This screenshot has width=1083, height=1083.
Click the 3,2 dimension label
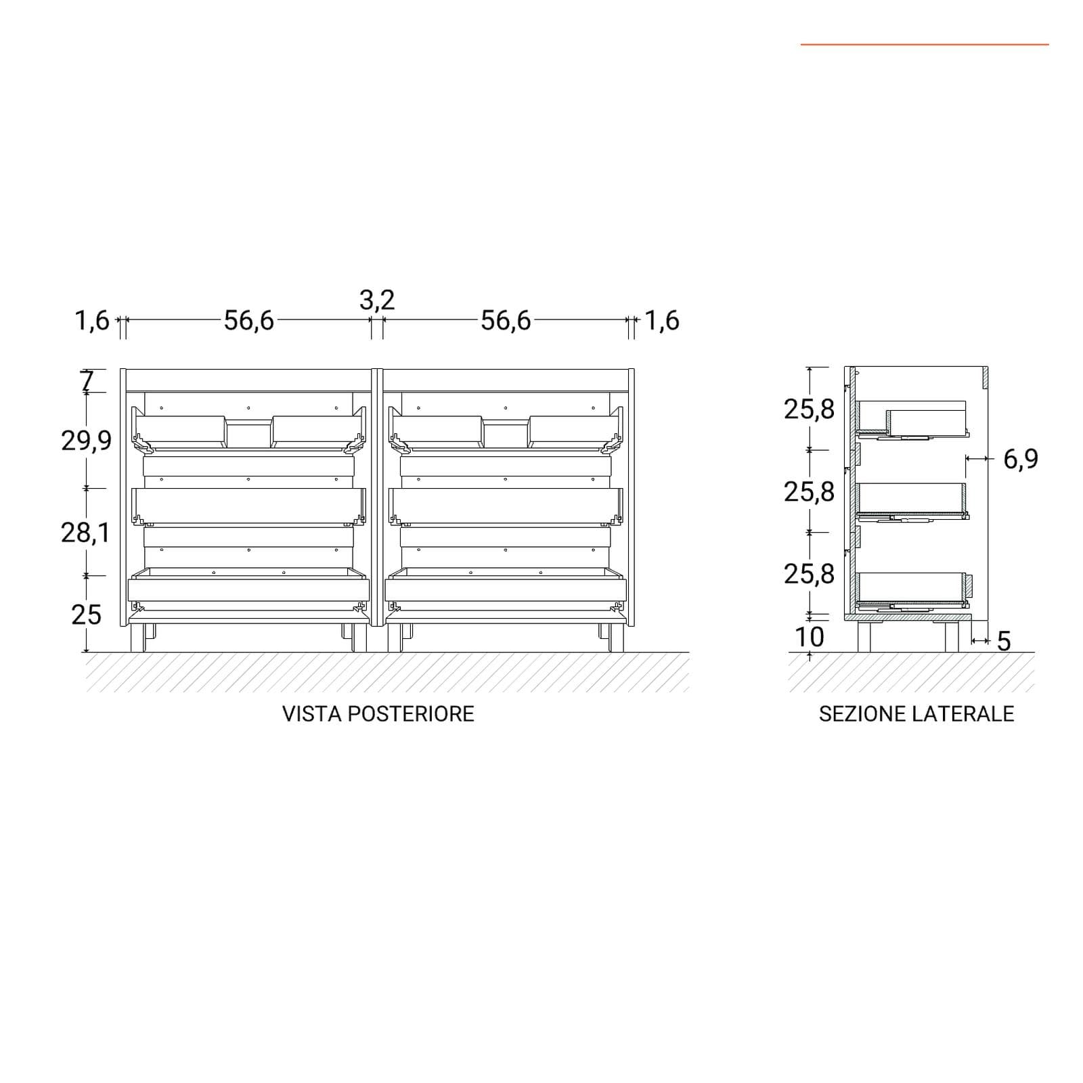tap(377, 300)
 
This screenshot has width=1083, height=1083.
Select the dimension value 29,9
tap(87, 441)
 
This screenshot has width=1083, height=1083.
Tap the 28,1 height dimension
tap(85, 533)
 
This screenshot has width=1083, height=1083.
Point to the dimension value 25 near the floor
tap(86, 615)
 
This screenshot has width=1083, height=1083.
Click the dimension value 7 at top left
tap(87, 381)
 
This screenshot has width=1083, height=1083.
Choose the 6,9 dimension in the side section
tap(1021, 460)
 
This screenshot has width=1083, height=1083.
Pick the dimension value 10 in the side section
tap(810, 637)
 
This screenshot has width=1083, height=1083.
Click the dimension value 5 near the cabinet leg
tap(1004, 641)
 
